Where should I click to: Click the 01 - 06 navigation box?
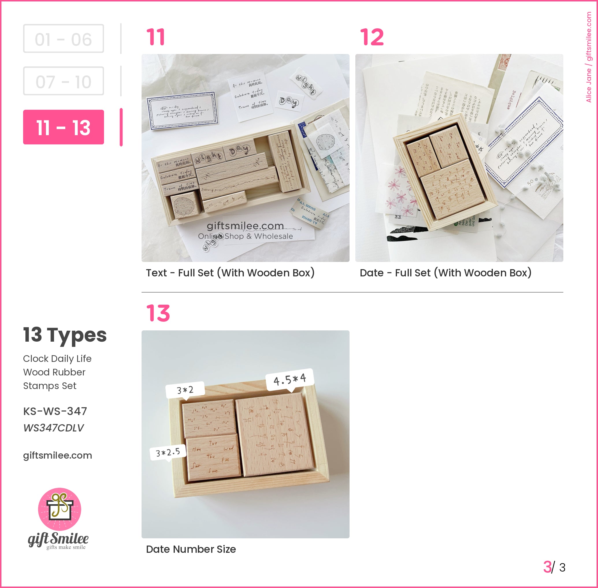(63, 39)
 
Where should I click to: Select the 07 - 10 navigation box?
(63, 81)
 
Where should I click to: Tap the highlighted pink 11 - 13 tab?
(63, 127)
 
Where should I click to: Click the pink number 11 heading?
(155, 37)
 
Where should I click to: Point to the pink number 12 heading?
(372, 37)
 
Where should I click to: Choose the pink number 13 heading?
(158, 313)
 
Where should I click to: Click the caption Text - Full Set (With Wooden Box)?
(230, 273)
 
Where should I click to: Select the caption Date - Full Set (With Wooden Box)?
(445, 273)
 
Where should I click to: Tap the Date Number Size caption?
(191, 549)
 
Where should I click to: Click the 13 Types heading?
(65, 335)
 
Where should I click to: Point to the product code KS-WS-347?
(55, 411)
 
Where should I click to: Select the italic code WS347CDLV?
(53, 428)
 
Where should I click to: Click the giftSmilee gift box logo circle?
(60, 509)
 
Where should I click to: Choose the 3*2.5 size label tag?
(168, 453)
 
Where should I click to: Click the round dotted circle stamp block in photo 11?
(185, 205)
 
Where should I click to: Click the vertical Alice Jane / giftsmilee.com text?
(589, 57)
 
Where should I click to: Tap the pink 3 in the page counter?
(547, 567)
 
